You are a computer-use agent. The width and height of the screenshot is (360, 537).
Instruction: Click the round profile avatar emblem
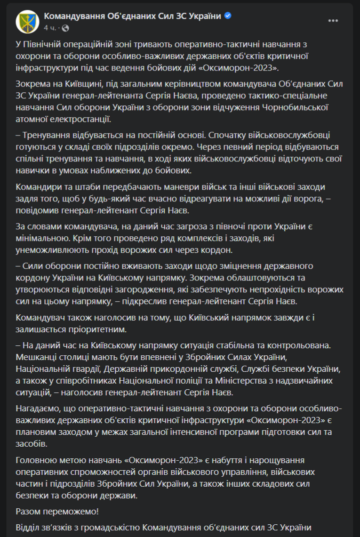click(x=27, y=21)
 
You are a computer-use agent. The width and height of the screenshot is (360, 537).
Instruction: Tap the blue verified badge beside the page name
click(x=228, y=16)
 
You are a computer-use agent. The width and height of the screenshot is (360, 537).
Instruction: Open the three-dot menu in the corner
click(x=333, y=21)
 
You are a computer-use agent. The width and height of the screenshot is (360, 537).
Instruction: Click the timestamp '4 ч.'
click(x=49, y=28)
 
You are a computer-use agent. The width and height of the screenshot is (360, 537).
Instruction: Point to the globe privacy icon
click(x=65, y=28)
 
